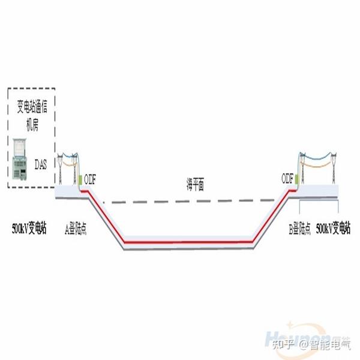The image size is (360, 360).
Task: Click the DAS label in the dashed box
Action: click(x=41, y=163)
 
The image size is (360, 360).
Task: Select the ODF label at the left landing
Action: click(x=89, y=178)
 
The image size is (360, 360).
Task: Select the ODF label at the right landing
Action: click(x=287, y=178)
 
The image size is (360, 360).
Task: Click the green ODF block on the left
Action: click(x=80, y=179)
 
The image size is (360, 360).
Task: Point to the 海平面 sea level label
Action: click(x=195, y=186)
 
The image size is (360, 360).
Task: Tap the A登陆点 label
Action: click(x=76, y=229)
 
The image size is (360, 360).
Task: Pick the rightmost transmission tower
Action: click(x=331, y=165)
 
